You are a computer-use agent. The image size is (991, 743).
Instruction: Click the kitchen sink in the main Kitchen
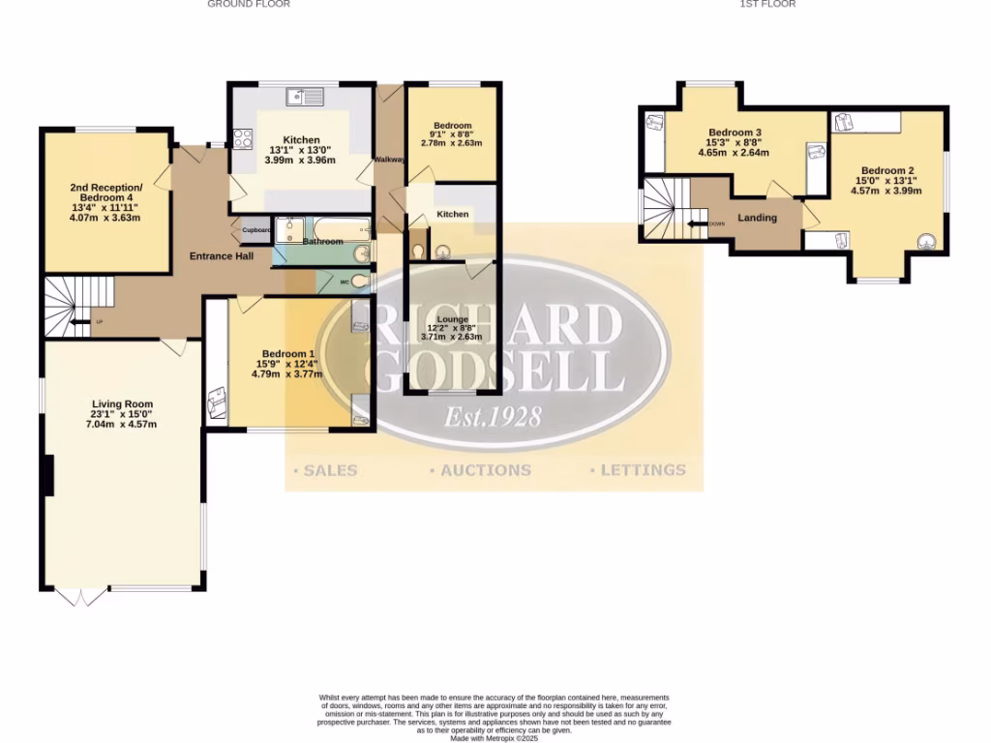pyautogui.click(x=309, y=96)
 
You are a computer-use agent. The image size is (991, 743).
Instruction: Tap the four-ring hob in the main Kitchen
pyautogui.click(x=241, y=137)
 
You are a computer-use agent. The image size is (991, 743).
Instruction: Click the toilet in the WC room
pyautogui.click(x=359, y=282)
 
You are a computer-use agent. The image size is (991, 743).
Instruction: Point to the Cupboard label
pyautogui.click(x=256, y=230)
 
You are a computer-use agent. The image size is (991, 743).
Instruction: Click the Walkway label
pyautogui.click(x=389, y=160)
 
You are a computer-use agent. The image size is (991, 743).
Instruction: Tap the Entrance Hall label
pyautogui.click(x=222, y=256)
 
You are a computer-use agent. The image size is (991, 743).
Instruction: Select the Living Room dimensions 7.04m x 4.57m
pyautogui.click(x=122, y=425)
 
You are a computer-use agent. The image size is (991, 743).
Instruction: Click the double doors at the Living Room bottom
pyautogui.click(x=81, y=597)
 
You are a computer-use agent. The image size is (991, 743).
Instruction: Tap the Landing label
pyautogui.click(x=757, y=218)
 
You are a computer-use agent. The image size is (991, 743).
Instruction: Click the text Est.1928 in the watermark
pyautogui.click(x=492, y=417)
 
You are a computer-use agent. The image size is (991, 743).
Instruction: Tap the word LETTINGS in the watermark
pyautogui.click(x=638, y=470)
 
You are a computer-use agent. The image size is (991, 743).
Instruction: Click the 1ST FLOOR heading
pyautogui.click(x=767, y=4)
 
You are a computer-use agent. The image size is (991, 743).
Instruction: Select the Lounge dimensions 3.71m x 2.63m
pyautogui.click(x=452, y=338)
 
